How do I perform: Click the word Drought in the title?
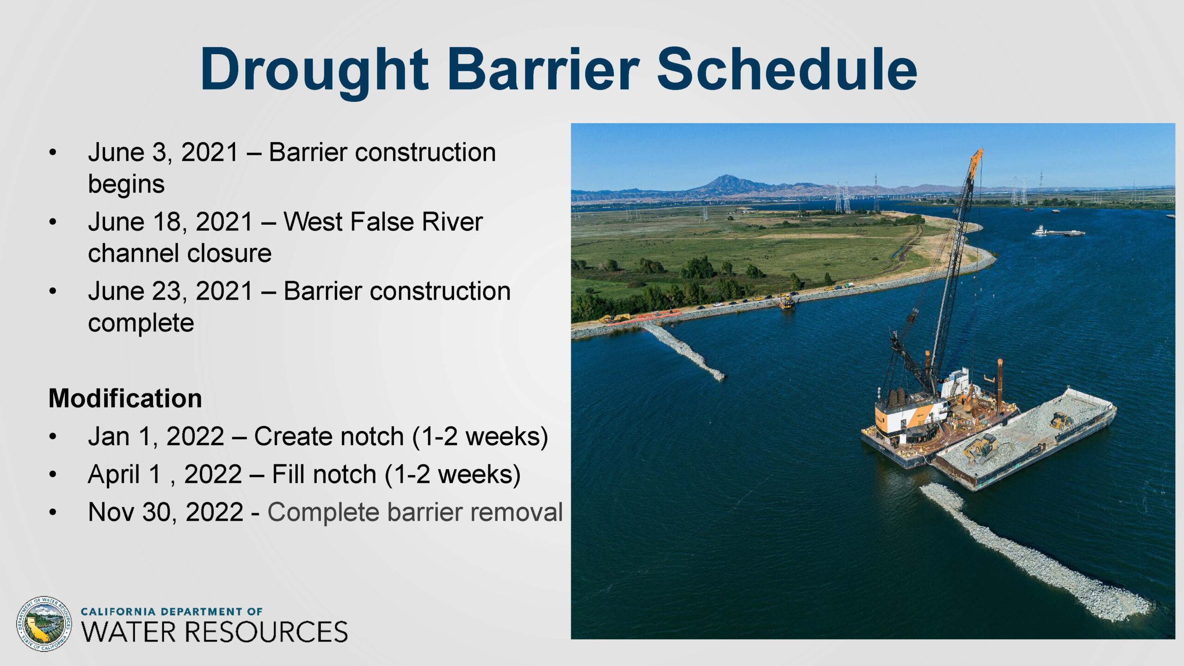(x=314, y=70)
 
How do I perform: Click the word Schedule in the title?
(x=787, y=69)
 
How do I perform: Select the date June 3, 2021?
(x=163, y=152)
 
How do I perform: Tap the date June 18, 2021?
(x=171, y=222)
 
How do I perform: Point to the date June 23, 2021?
(x=171, y=291)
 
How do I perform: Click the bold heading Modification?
(x=125, y=398)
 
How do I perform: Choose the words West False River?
(x=383, y=222)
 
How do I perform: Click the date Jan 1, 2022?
(x=156, y=436)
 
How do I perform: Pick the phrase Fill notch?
(x=324, y=474)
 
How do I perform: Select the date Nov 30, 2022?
(x=166, y=512)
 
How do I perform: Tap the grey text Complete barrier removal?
(x=415, y=512)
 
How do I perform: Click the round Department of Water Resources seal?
(x=44, y=624)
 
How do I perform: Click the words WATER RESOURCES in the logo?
(x=214, y=632)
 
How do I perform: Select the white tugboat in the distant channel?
(x=1040, y=230)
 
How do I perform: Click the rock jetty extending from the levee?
(x=684, y=351)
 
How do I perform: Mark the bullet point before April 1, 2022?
(x=53, y=475)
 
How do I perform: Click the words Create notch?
(x=329, y=436)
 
